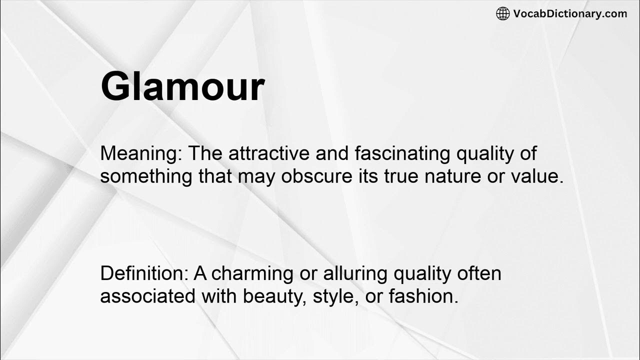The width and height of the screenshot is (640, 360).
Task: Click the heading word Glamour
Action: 182,87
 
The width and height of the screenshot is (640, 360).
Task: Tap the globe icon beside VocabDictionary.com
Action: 502,13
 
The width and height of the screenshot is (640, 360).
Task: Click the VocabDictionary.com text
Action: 570,13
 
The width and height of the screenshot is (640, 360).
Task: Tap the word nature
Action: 446,176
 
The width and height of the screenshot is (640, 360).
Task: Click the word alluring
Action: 352,274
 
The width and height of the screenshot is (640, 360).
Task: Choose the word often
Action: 478,273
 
